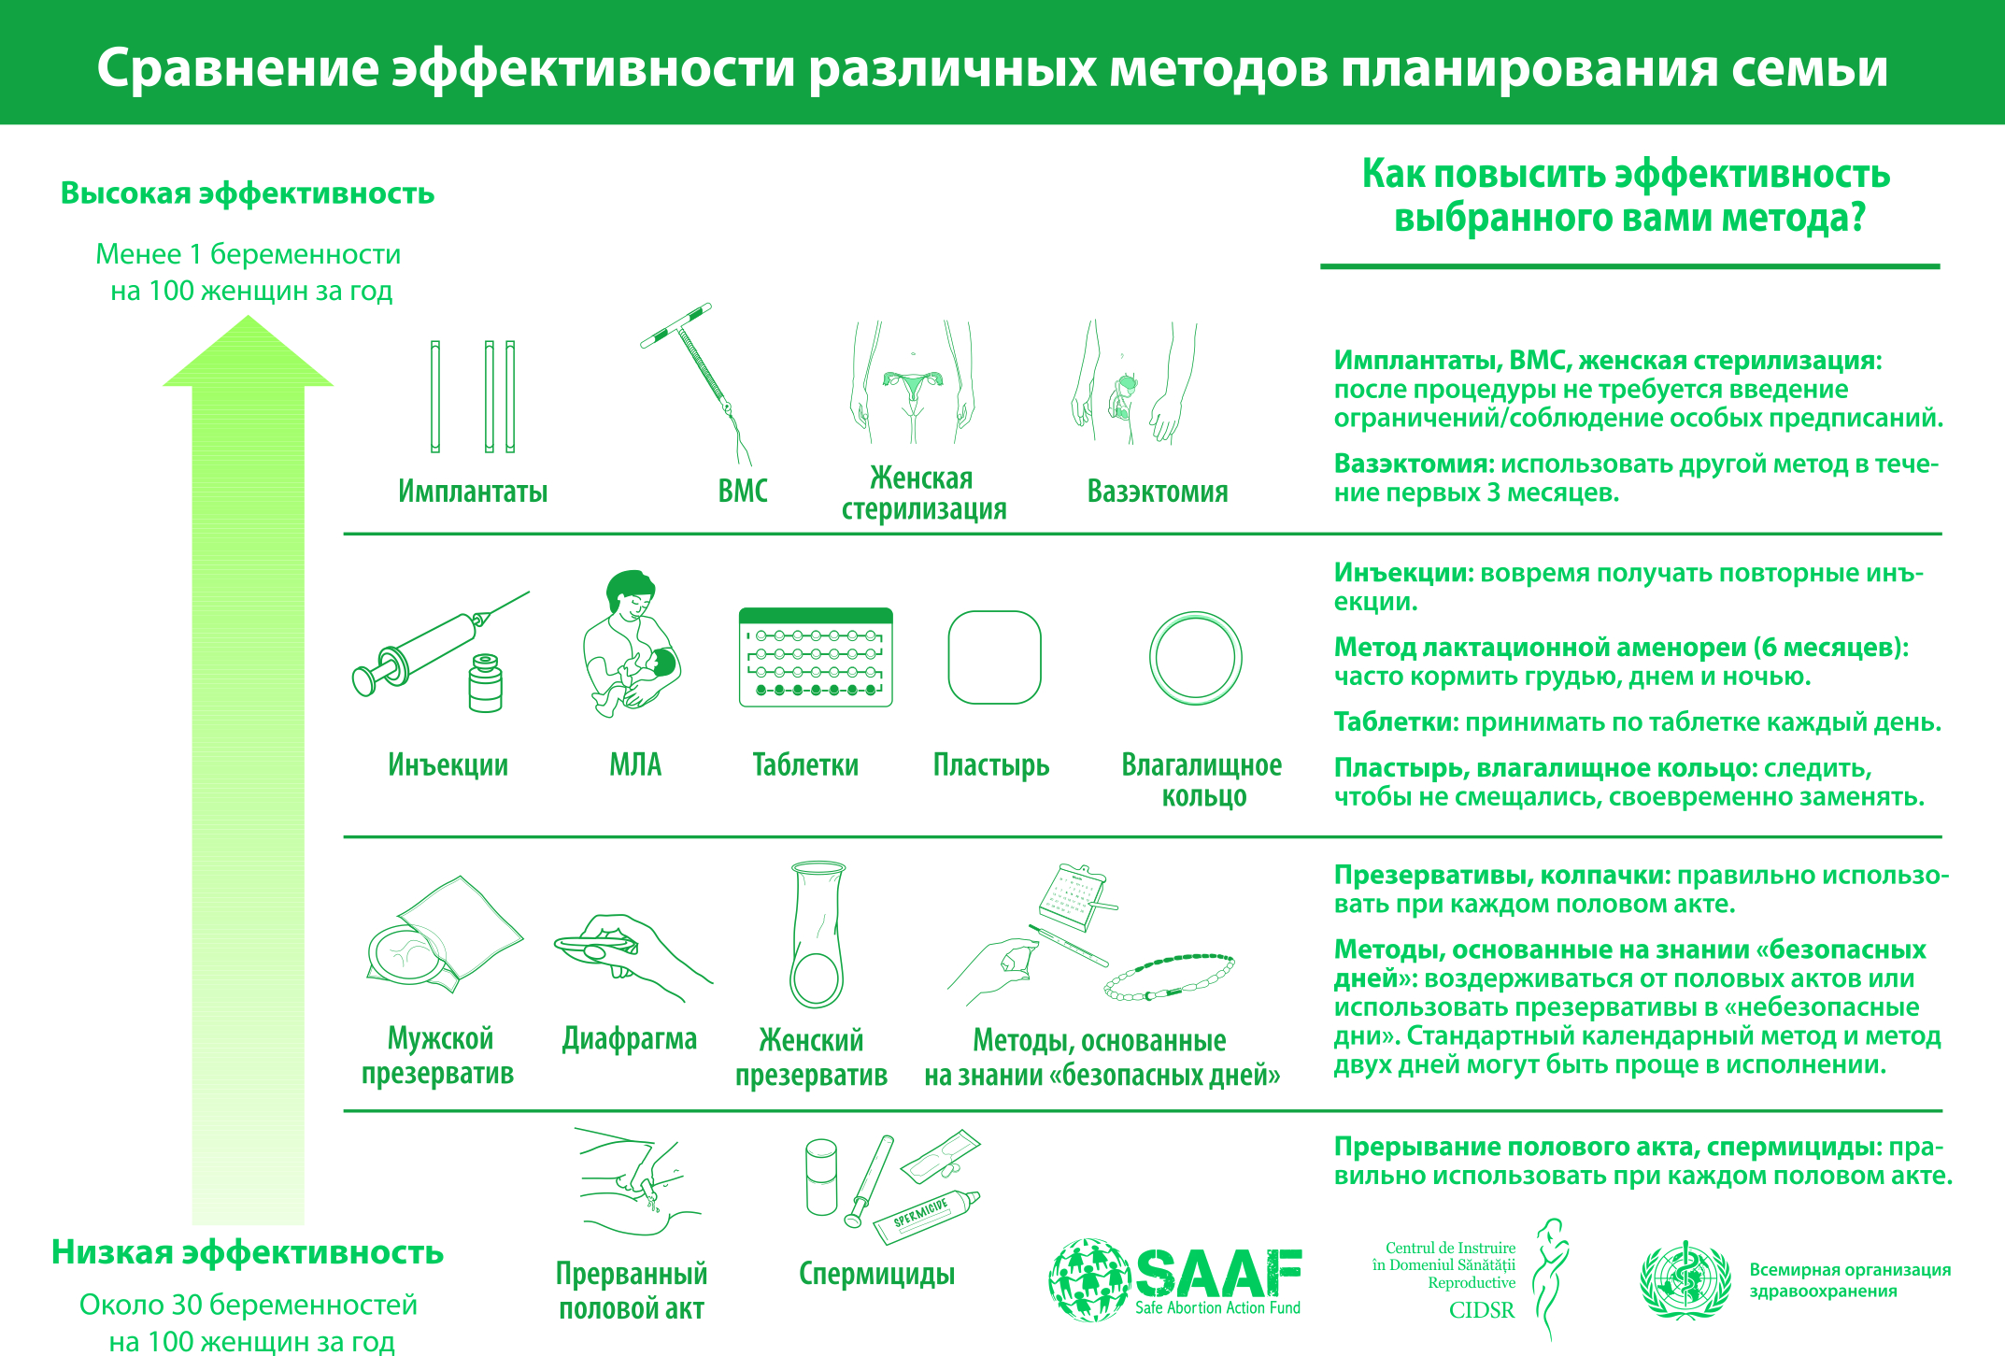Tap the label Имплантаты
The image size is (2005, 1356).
473,492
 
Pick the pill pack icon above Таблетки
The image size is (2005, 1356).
816,657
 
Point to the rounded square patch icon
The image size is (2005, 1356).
994,657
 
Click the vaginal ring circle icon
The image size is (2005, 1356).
1196,658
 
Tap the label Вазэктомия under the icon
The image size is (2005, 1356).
1158,492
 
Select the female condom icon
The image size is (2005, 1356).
818,934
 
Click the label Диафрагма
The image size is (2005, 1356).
630,1039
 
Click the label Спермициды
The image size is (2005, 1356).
876,1274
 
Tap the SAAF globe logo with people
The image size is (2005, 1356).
1088,1280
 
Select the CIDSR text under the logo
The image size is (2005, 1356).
1482,1310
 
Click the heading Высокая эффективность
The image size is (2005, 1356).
248,193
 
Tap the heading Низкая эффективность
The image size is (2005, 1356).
248,1252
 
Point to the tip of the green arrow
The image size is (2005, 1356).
248,321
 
